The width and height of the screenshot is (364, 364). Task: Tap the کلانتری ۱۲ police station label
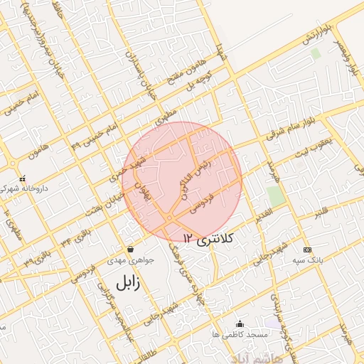206,239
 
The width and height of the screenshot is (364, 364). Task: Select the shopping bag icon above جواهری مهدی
130,250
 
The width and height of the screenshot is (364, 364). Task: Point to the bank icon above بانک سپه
307,250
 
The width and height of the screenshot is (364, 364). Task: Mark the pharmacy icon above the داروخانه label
23,178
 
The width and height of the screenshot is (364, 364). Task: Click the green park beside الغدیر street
275,197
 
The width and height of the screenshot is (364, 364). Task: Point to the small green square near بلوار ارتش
316,53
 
